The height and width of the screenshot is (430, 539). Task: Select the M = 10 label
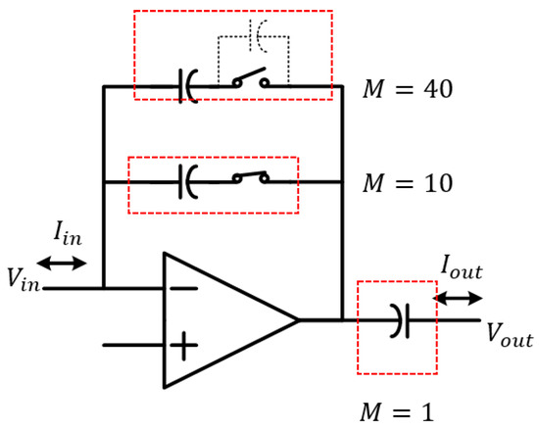(x=406, y=184)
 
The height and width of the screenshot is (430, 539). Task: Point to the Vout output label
(x=510, y=339)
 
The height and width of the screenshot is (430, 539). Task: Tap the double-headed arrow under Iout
(x=457, y=294)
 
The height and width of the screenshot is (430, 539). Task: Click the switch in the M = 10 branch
(x=251, y=179)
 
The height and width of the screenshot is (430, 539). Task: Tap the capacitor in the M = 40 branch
(x=187, y=86)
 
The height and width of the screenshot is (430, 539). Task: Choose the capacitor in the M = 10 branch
(x=187, y=180)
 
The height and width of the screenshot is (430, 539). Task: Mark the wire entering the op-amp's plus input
(x=132, y=345)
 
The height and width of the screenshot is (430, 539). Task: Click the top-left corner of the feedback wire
(x=103, y=86)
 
